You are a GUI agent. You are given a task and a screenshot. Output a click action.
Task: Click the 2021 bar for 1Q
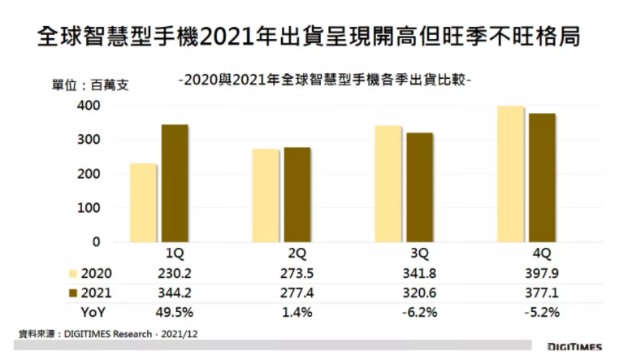[175, 183]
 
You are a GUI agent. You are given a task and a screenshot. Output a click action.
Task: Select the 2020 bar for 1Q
[143, 202]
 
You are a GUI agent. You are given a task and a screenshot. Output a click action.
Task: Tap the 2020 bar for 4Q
[510, 174]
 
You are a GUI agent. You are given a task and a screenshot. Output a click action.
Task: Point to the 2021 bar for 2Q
[297, 194]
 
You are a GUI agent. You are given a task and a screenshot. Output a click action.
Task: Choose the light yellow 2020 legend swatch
[73, 272]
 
